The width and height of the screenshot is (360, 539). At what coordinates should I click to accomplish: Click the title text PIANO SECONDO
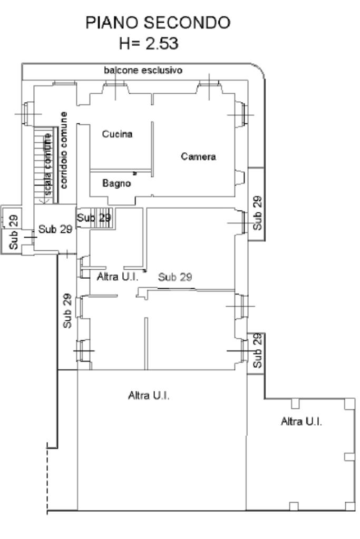158,23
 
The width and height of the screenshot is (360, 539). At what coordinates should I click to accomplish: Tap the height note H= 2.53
149,44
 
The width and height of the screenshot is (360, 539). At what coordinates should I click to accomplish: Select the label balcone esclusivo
143,70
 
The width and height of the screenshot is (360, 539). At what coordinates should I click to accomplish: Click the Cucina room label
117,134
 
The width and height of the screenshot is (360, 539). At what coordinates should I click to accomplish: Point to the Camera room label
198,156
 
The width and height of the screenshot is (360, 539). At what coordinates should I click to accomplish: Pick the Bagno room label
116,183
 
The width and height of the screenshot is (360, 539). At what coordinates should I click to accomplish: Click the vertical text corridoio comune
64,150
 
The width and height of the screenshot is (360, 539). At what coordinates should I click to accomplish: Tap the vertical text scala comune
47,164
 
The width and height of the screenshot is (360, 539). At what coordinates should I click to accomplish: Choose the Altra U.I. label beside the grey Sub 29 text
117,277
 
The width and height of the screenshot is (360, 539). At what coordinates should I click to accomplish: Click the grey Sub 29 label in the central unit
174,277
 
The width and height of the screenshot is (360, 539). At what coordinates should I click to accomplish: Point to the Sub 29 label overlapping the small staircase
94,218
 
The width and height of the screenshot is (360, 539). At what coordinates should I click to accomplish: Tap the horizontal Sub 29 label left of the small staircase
55,229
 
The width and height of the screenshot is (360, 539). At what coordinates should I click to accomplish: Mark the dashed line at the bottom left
47,478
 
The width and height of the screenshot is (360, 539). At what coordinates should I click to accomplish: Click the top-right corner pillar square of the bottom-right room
349,404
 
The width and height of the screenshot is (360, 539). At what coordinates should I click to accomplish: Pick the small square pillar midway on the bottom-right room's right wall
349,457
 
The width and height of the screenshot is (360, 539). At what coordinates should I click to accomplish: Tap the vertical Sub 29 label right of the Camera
257,213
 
